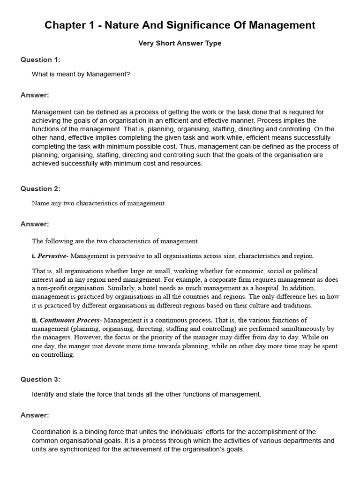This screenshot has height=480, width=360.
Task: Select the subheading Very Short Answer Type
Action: [180, 43]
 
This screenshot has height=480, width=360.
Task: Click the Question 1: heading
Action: [40, 60]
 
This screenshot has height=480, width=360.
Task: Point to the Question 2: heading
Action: [40, 188]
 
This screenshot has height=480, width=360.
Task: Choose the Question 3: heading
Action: [40, 379]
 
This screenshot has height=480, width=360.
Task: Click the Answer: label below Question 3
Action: [35, 415]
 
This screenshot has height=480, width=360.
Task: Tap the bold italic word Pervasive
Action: [52, 256]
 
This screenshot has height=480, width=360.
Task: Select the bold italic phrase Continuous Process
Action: [70, 320]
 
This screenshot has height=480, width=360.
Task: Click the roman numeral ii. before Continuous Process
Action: [35, 320]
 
